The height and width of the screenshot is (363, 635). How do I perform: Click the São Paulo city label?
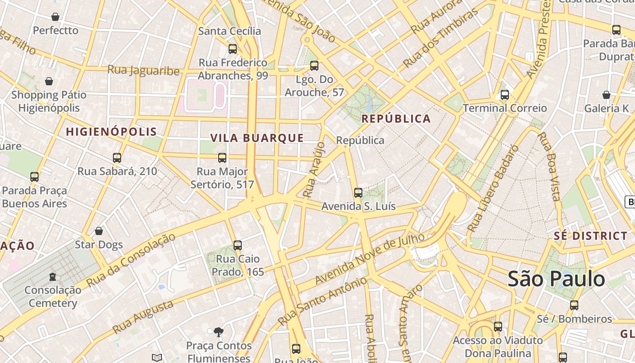[556, 279]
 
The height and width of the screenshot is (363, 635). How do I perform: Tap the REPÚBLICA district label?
[396, 119]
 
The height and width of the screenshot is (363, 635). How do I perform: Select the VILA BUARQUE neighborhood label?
[257, 138]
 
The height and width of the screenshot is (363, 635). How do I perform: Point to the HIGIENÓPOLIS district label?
[112, 132]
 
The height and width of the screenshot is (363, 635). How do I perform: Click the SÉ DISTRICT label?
[591, 236]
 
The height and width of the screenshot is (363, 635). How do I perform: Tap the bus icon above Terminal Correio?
[504, 95]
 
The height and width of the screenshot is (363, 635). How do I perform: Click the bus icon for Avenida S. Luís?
[358, 193]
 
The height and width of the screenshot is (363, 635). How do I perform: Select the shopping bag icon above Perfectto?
[55, 17]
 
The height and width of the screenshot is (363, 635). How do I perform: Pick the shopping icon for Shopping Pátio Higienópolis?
[49, 81]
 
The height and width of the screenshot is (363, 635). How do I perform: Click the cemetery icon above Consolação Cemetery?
[53, 276]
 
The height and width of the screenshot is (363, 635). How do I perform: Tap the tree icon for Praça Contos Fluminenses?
[219, 332]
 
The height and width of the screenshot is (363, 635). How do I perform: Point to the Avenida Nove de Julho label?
[370, 259]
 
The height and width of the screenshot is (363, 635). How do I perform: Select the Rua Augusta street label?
[143, 316]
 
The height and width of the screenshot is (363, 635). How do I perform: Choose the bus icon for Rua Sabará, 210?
[117, 158]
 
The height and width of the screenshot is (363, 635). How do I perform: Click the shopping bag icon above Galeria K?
[606, 95]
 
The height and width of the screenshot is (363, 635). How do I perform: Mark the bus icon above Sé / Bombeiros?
[574, 305]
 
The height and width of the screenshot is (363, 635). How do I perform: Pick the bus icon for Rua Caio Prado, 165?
[238, 245]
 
